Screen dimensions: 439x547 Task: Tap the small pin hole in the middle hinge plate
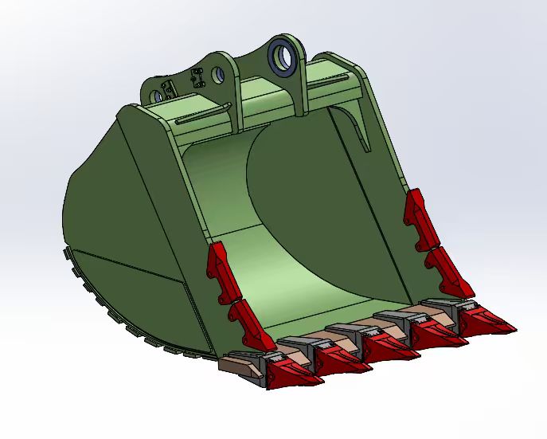[217, 76]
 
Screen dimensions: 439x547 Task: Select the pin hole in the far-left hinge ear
[157, 96]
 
